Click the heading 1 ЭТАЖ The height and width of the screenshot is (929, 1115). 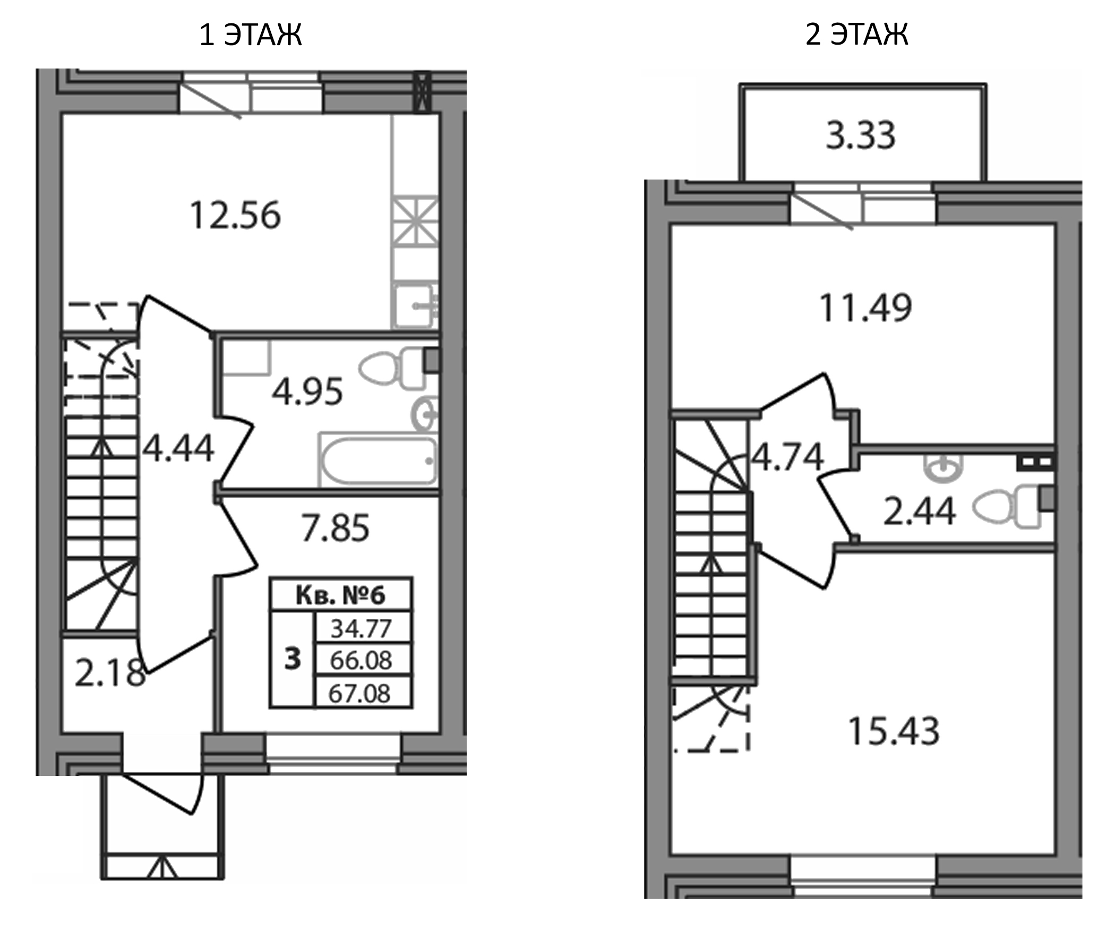pyautogui.click(x=251, y=35)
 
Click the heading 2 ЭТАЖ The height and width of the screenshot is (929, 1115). pyautogui.click(x=856, y=34)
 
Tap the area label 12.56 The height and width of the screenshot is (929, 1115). pyautogui.click(x=235, y=216)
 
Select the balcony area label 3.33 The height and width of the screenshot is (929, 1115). pyautogui.click(x=861, y=135)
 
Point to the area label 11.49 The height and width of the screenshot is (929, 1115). pyautogui.click(x=865, y=308)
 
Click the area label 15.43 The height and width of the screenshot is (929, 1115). pyautogui.click(x=894, y=731)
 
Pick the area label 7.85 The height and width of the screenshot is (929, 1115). pyautogui.click(x=335, y=529)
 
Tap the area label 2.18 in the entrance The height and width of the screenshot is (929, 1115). pyautogui.click(x=109, y=673)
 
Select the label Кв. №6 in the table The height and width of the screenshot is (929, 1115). pyautogui.click(x=340, y=595)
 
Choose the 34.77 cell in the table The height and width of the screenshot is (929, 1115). pyautogui.click(x=361, y=629)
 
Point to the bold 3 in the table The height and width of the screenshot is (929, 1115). pyautogui.click(x=293, y=659)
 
